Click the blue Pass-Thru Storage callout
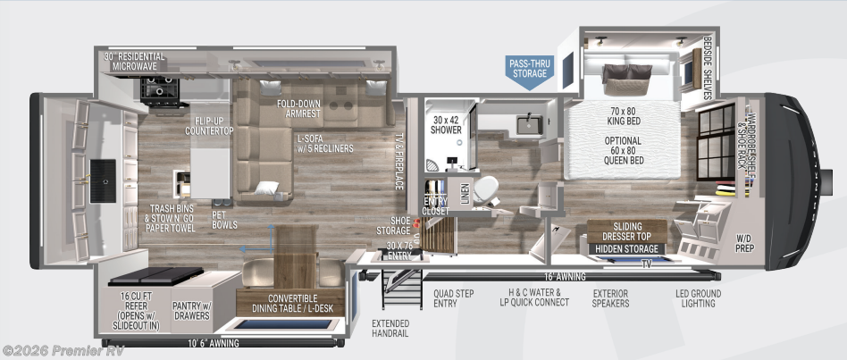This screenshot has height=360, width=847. pyautogui.click(x=529, y=69)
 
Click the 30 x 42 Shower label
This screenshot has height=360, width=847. pyautogui.click(x=446, y=124)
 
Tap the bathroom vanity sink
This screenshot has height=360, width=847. pyautogui.click(x=527, y=124)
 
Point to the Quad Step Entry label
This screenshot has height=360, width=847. pyautogui.click(x=451, y=297)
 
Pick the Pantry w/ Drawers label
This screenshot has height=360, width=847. pyautogui.click(x=191, y=308)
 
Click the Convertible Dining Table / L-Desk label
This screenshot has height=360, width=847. pyautogui.click(x=290, y=303)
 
